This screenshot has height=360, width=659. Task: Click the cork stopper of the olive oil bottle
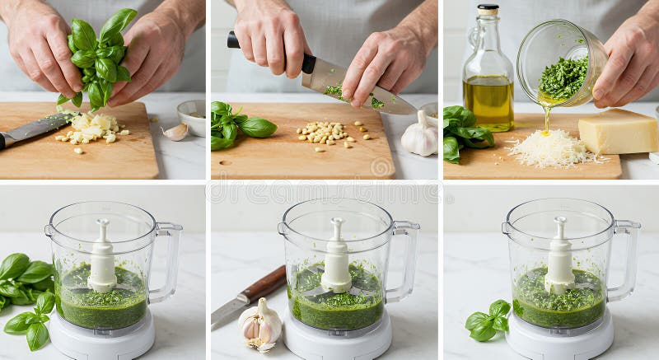[488, 10]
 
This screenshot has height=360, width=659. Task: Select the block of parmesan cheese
[617, 132]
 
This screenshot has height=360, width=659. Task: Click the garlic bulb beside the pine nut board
[419, 137]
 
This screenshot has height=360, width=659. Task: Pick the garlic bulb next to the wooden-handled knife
[260, 325]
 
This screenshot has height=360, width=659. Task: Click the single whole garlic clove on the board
[175, 132]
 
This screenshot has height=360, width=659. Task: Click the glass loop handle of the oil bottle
[473, 37]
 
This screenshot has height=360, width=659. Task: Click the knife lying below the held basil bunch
[33, 129]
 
